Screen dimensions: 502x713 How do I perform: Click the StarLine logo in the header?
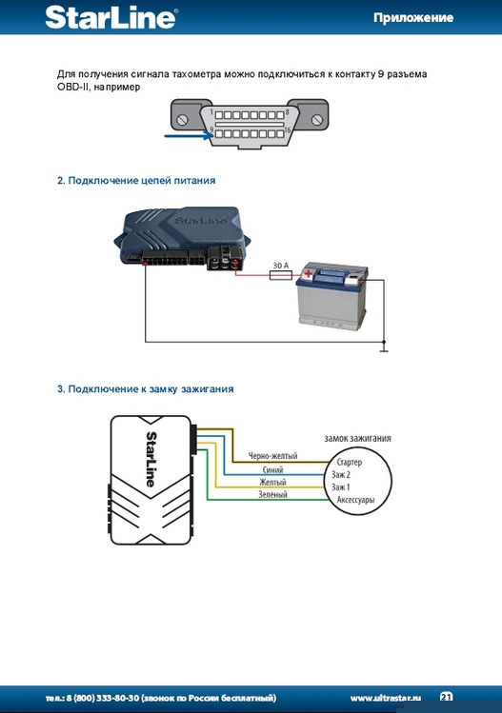pyautogui.click(x=111, y=18)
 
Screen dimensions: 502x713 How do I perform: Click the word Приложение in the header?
pyautogui.click(x=413, y=18)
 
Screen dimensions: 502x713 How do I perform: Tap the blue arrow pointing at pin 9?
pyautogui.click(x=189, y=135)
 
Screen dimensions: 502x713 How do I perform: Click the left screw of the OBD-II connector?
pyautogui.click(x=183, y=120)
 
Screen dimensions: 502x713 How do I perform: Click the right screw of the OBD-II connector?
pyautogui.click(x=317, y=120)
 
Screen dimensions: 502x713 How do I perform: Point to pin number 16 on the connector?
pyautogui.click(x=287, y=130)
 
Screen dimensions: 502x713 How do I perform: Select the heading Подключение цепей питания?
pyautogui.click(x=136, y=181)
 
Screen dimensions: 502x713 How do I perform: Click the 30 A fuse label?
pyautogui.click(x=281, y=265)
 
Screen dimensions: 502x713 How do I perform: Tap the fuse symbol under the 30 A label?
pyautogui.click(x=281, y=275)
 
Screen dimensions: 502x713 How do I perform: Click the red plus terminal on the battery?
pyautogui.click(x=309, y=273)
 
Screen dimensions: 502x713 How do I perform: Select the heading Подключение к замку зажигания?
pyautogui.click(x=145, y=389)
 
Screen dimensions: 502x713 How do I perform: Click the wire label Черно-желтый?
pyautogui.click(x=272, y=455)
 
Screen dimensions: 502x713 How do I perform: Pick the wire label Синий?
pyautogui.click(x=272, y=469)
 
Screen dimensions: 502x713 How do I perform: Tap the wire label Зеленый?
pyautogui.click(x=272, y=494)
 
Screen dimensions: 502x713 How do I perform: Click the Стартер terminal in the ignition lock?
pyautogui.click(x=349, y=462)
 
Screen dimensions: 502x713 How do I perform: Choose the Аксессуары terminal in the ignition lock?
pyautogui.click(x=355, y=500)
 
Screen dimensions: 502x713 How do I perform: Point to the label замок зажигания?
pyautogui.click(x=357, y=438)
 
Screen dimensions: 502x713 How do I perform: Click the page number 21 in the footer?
pyautogui.click(x=447, y=697)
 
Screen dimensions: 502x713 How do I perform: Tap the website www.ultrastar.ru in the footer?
pyautogui.click(x=386, y=698)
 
